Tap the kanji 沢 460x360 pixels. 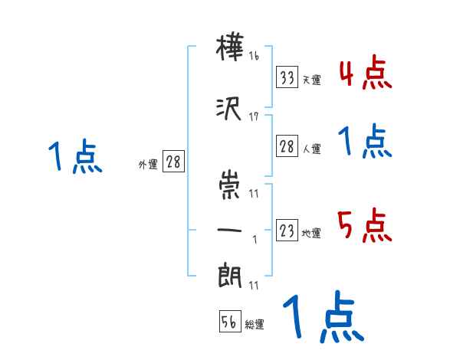coord(231,108)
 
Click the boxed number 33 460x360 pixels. coord(287,77)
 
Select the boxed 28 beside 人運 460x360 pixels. coord(287,147)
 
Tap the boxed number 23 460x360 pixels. coord(287,231)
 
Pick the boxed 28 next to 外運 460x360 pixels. coord(173,162)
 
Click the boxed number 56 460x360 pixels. coord(230,322)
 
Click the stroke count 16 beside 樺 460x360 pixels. coord(254,55)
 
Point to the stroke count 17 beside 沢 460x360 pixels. coord(254,116)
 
